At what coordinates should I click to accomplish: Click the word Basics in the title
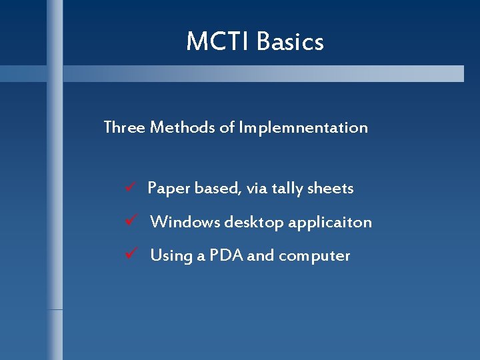[290, 42]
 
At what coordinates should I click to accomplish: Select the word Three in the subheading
[125, 127]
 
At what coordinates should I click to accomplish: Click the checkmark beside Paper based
[131, 188]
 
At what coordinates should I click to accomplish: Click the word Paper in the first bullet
[168, 189]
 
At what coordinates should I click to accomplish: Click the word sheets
[331, 189]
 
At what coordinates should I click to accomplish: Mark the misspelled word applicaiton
[330, 223]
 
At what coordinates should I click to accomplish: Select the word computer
[314, 256]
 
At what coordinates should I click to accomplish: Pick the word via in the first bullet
[257, 189]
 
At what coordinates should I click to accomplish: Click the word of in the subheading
[227, 127]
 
